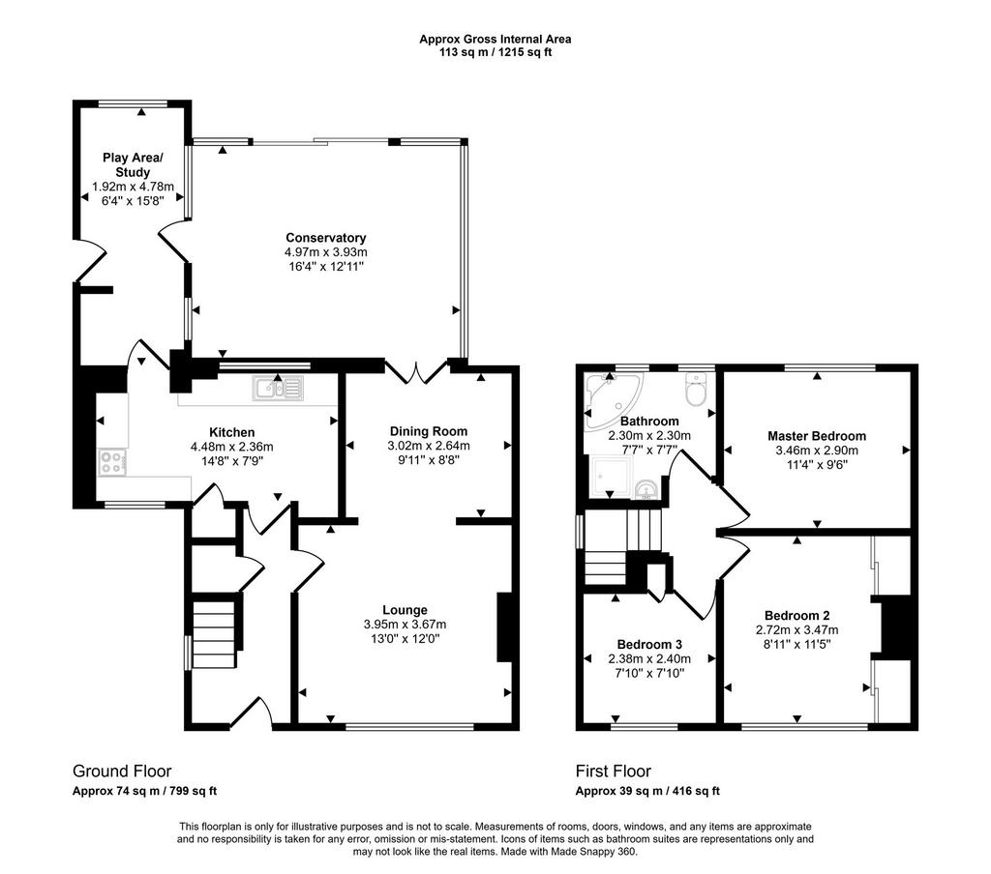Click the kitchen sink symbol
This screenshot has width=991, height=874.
[278, 389]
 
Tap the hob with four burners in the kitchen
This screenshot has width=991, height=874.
[112, 461]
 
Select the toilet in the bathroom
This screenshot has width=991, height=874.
[696, 388]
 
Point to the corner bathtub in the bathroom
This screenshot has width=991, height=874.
[612, 401]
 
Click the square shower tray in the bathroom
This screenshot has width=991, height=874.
[610, 478]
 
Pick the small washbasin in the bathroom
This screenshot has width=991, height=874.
[646, 490]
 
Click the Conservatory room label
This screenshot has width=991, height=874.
[325, 238]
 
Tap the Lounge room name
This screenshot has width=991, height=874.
[405, 609]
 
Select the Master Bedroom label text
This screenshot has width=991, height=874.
[817, 436]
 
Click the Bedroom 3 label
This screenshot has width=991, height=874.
[649, 644]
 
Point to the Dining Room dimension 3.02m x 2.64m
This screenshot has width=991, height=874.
[429, 446]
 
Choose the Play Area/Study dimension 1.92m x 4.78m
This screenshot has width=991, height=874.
[133, 187]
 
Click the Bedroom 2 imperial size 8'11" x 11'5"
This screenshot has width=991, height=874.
[796, 644]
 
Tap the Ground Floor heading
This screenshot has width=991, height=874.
[122, 771]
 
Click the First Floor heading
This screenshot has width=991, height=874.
[613, 771]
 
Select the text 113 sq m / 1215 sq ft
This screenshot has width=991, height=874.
[495, 52]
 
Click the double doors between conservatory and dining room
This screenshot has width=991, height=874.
[416, 372]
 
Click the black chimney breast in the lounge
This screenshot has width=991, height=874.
[504, 627]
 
